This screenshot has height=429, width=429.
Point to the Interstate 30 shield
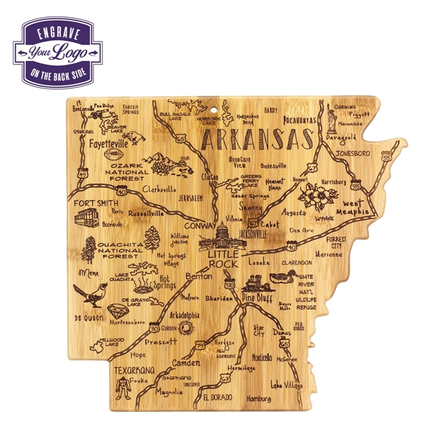155,327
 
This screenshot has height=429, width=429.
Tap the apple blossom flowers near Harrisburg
312,194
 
